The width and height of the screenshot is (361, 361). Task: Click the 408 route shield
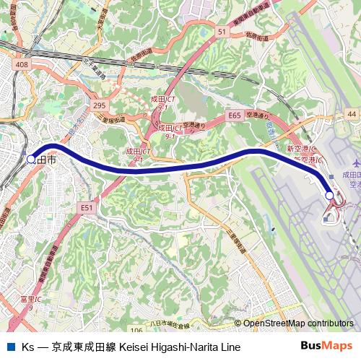(x=21, y=65)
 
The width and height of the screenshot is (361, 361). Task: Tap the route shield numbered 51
(x=221, y=32)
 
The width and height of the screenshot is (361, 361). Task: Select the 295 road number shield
(x=100, y=105)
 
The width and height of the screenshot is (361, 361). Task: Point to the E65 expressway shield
(x=234, y=115)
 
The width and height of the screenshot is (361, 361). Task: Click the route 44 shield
(x=351, y=115)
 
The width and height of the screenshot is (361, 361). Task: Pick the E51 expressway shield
(x=87, y=207)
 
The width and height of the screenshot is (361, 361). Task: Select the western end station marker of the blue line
(x=30, y=159)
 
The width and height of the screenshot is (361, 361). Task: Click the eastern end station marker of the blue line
(x=329, y=195)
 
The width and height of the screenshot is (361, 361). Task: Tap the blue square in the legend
(x=10, y=347)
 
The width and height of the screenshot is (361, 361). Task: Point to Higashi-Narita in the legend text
(x=192, y=347)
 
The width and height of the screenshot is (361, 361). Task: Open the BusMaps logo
(x=326, y=346)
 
